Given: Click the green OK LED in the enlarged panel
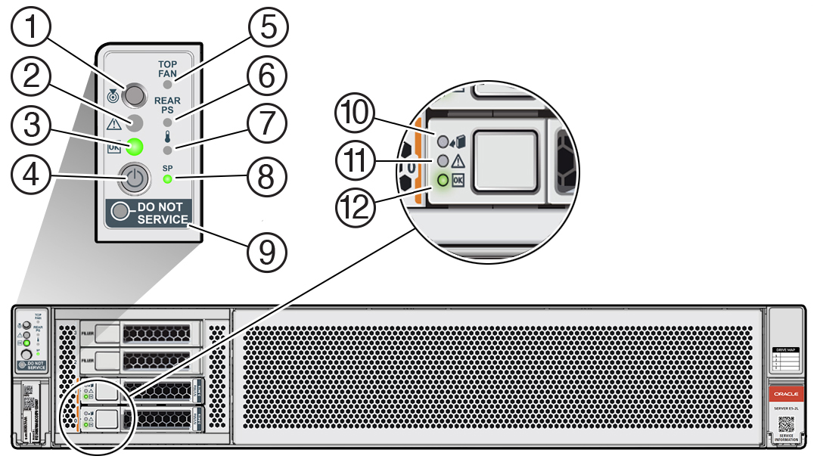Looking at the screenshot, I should click(135, 146).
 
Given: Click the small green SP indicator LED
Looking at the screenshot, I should click(166, 179).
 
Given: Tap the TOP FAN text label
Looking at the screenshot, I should click(166, 69).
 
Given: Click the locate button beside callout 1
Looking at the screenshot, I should click(134, 95).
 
